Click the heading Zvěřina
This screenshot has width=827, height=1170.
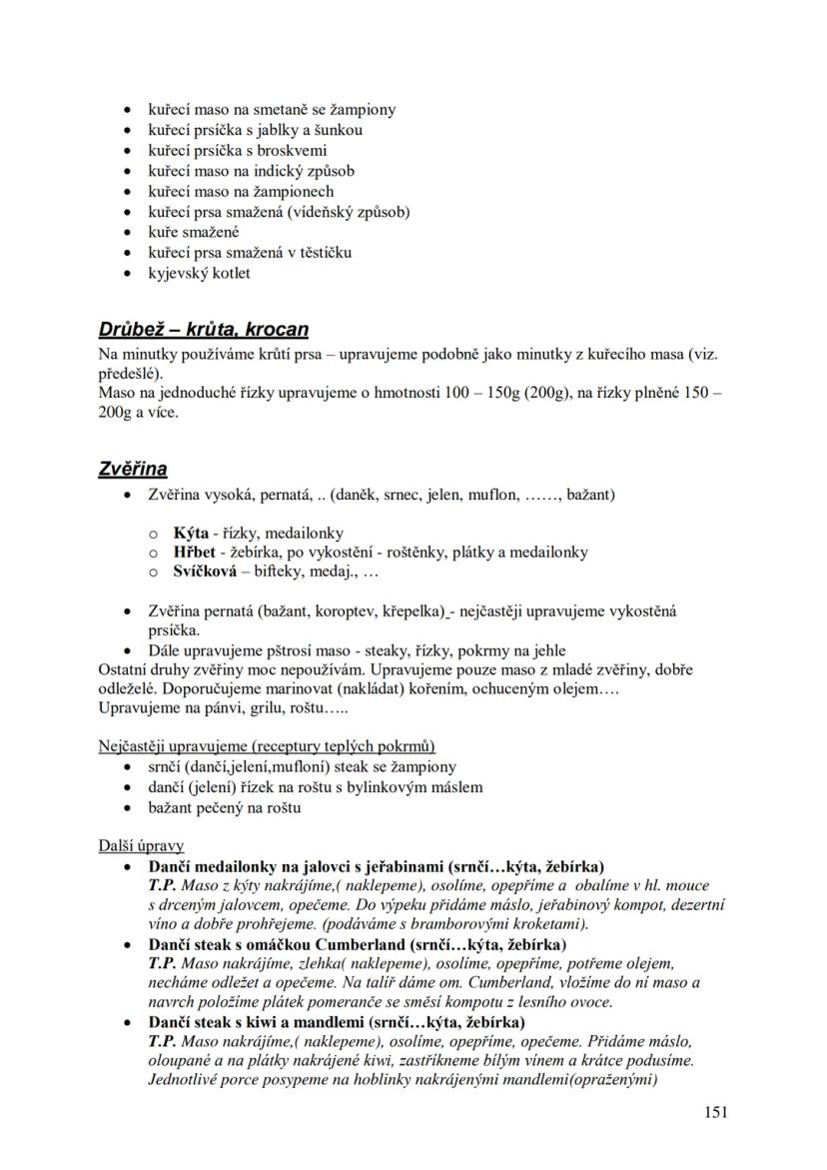coord(133,469)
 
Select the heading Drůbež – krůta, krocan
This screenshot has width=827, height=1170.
coord(204,329)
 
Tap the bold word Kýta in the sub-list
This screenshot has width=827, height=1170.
coord(191,533)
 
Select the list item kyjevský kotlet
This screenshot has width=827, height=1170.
coord(200,273)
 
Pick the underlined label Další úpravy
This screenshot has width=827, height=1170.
coord(141,845)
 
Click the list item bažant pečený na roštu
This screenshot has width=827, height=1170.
coord(225,807)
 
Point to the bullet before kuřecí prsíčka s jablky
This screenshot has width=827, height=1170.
coord(126,130)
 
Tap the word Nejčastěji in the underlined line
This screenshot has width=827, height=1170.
coord(134,746)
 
